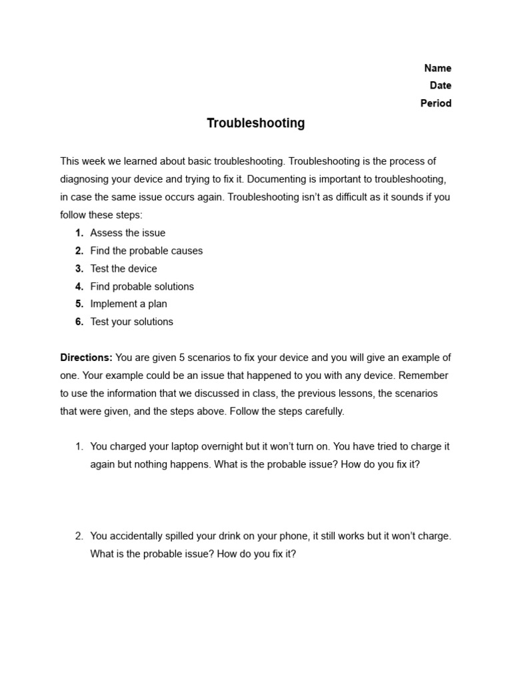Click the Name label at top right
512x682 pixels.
pos(437,68)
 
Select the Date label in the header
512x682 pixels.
pos(440,85)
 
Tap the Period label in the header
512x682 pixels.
pos(435,103)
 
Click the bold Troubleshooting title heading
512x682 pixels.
pos(255,123)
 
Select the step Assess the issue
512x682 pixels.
pos(127,233)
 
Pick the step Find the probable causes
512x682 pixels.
pos(146,251)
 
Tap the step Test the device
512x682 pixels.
pos(123,268)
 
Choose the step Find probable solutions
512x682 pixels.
pos(142,286)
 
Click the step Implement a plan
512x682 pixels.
pos(129,304)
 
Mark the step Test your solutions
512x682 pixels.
pos(131,322)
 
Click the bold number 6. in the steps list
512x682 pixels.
pos(79,322)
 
